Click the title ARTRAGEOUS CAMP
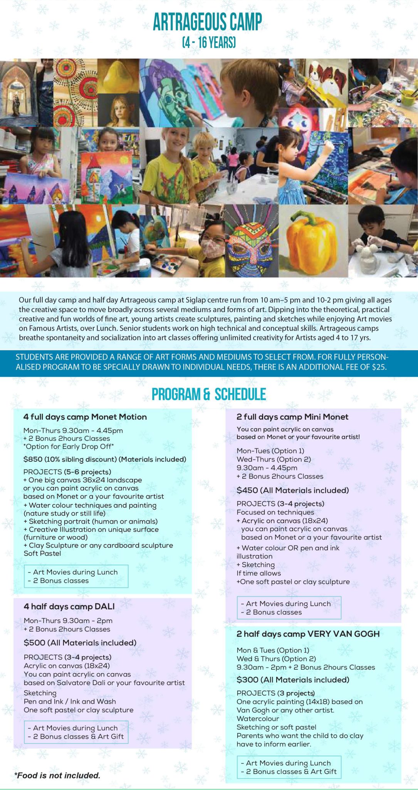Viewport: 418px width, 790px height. pos(207,22)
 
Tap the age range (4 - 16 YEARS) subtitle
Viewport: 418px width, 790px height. pos(209,42)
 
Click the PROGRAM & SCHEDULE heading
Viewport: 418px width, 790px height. pos(209,394)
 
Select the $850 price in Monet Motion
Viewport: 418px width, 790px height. pos(33,459)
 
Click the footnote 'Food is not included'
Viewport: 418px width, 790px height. pos(57,775)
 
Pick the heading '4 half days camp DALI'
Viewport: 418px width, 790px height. pos(69,606)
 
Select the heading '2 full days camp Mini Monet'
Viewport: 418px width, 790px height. pos(292,417)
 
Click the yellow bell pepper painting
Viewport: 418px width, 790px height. pos(313,241)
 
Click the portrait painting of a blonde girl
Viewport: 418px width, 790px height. pos(118,111)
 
